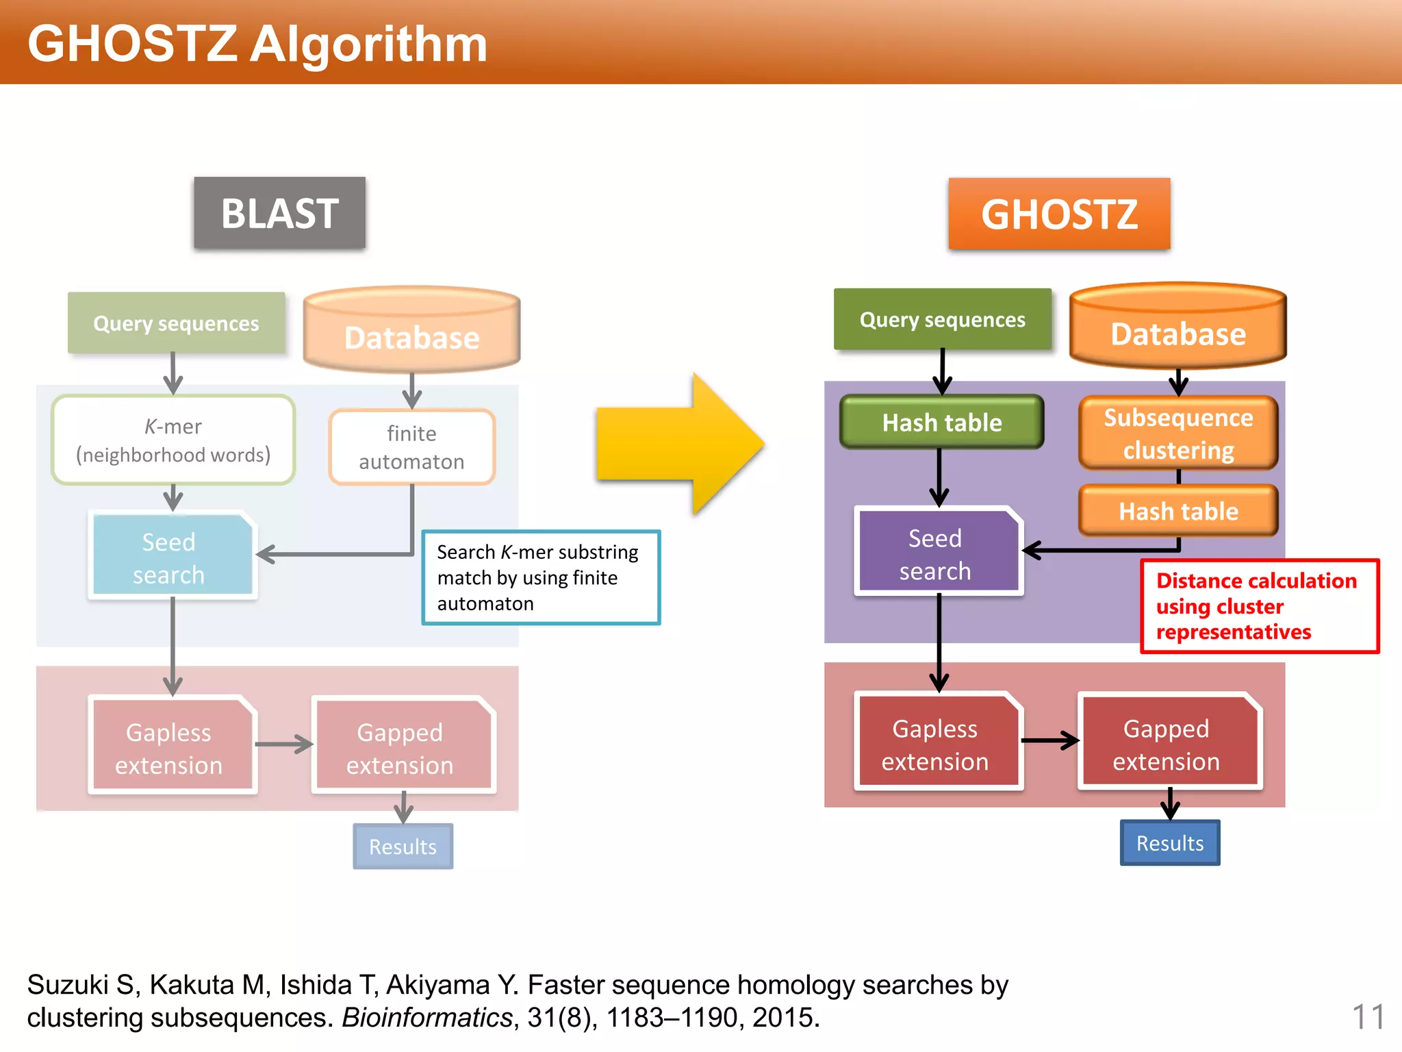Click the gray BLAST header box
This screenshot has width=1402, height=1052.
279,213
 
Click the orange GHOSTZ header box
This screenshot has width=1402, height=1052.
1059,214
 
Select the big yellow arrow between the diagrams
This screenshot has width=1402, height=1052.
678,444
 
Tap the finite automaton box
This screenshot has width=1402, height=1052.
411,447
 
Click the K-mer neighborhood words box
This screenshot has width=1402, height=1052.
173,440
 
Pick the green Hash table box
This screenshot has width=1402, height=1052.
942,423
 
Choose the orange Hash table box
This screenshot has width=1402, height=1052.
1178,511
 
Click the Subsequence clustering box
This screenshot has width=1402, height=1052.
1178,434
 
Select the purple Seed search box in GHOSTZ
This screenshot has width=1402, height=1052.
936,553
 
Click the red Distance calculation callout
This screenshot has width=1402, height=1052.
1258,606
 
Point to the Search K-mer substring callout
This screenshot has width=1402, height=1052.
541,577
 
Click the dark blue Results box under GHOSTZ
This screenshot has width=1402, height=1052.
1170,843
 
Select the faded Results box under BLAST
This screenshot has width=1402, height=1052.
403,847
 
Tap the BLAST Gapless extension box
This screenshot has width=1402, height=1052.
169,748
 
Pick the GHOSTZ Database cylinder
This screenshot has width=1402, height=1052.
1178,328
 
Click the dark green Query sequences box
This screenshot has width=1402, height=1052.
942,320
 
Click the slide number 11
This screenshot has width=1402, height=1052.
1368,1016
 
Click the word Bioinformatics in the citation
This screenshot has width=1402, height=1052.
426,1018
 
